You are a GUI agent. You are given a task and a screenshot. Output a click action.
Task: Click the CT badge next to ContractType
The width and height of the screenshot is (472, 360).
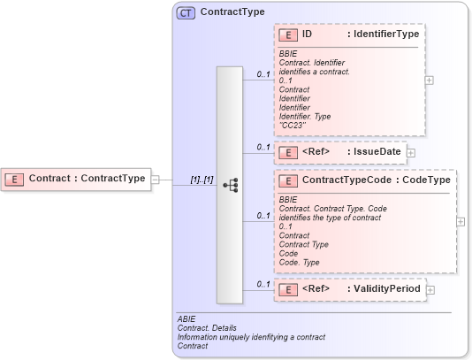186,13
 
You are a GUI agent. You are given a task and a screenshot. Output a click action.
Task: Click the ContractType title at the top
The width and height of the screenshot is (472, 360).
232,13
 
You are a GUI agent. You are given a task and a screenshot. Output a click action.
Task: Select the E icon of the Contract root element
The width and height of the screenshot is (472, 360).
14,179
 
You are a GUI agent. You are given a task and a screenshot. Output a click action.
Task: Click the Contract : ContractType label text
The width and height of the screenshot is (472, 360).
87,179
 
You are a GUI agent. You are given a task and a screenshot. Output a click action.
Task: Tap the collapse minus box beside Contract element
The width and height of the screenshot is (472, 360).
156,179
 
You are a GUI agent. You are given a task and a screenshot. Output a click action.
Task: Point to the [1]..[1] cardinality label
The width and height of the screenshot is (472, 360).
202,180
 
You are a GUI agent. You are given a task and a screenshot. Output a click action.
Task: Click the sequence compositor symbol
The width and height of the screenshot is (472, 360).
231,185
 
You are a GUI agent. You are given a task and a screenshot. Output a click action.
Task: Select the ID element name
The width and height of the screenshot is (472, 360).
307,34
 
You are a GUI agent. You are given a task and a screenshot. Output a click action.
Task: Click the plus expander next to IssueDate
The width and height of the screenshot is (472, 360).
411,153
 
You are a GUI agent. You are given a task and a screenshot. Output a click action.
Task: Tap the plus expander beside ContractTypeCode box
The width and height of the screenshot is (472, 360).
461,221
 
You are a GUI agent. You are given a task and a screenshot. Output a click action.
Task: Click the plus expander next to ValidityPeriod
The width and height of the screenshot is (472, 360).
430,288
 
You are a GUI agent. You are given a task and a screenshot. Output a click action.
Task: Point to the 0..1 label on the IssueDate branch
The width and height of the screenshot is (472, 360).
263,147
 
